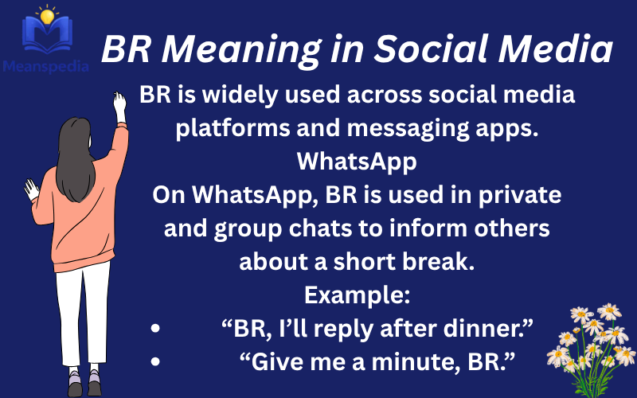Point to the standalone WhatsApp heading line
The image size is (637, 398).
(x=357, y=162)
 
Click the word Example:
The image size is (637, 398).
(x=357, y=295)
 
